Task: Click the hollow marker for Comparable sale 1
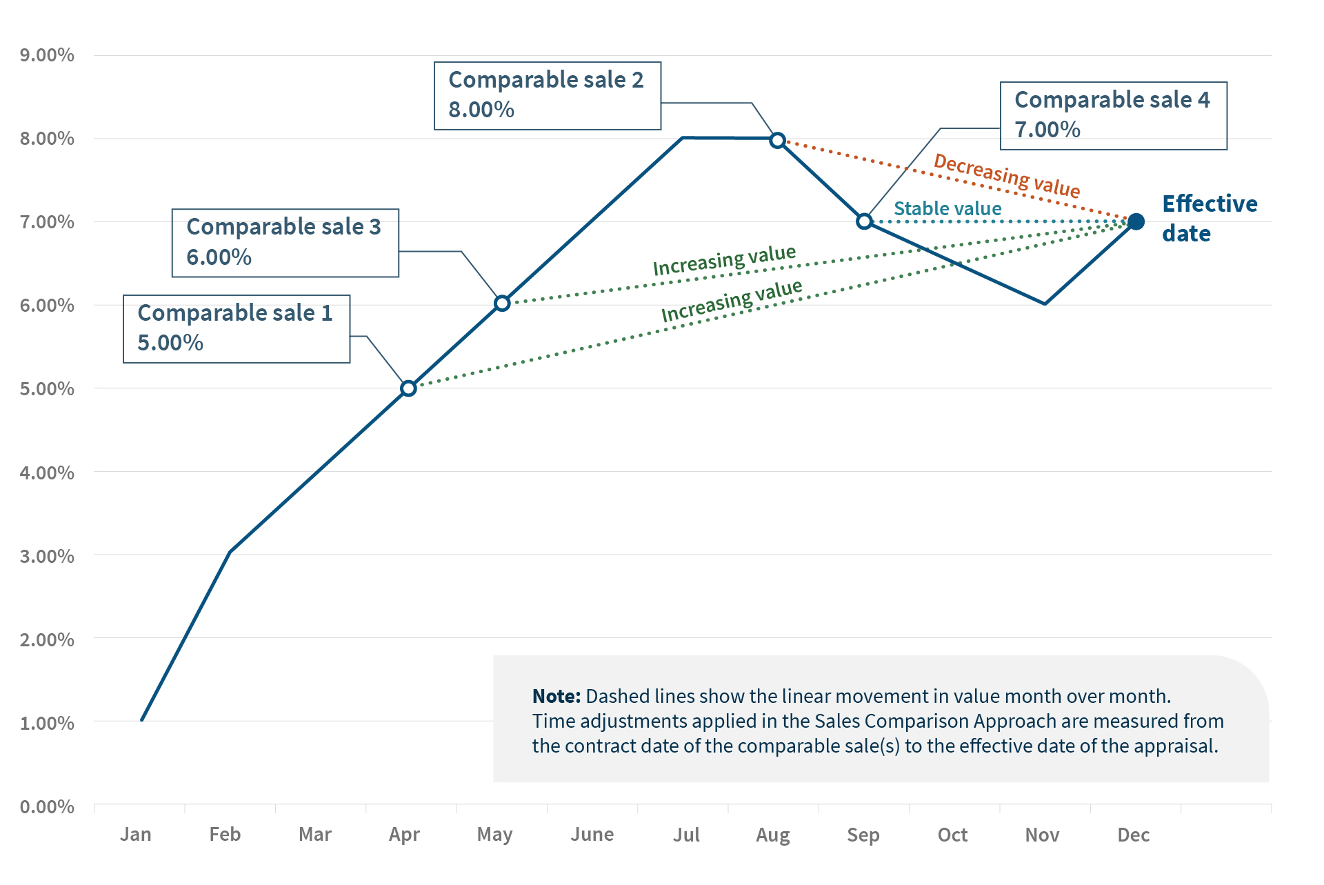(x=408, y=388)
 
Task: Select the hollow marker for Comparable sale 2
(x=777, y=140)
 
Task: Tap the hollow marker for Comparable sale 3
(x=502, y=304)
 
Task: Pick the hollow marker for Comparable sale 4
(x=864, y=221)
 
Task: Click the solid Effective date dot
(x=1136, y=221)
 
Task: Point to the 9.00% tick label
(x=47, y=55)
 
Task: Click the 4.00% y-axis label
(x=47, y=473)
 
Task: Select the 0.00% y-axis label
(x=47, y=806)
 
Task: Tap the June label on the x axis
(x=592, y=835)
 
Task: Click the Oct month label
(x=952, y=835)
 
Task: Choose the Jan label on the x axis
(x=136, y=835)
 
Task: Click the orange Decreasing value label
(x=1006, y=175)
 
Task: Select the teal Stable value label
(x=947, y=208)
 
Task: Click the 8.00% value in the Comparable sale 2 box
(x=481, y=110)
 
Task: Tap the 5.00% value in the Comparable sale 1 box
(x=170, y=343)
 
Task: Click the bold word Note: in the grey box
(x=556, y=696)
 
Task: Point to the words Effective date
(x=1209, y=218)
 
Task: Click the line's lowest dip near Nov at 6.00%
(x=1045, y=304)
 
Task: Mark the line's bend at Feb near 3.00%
(x=230, y=552)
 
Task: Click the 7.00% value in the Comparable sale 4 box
(x=1047, y=130)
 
